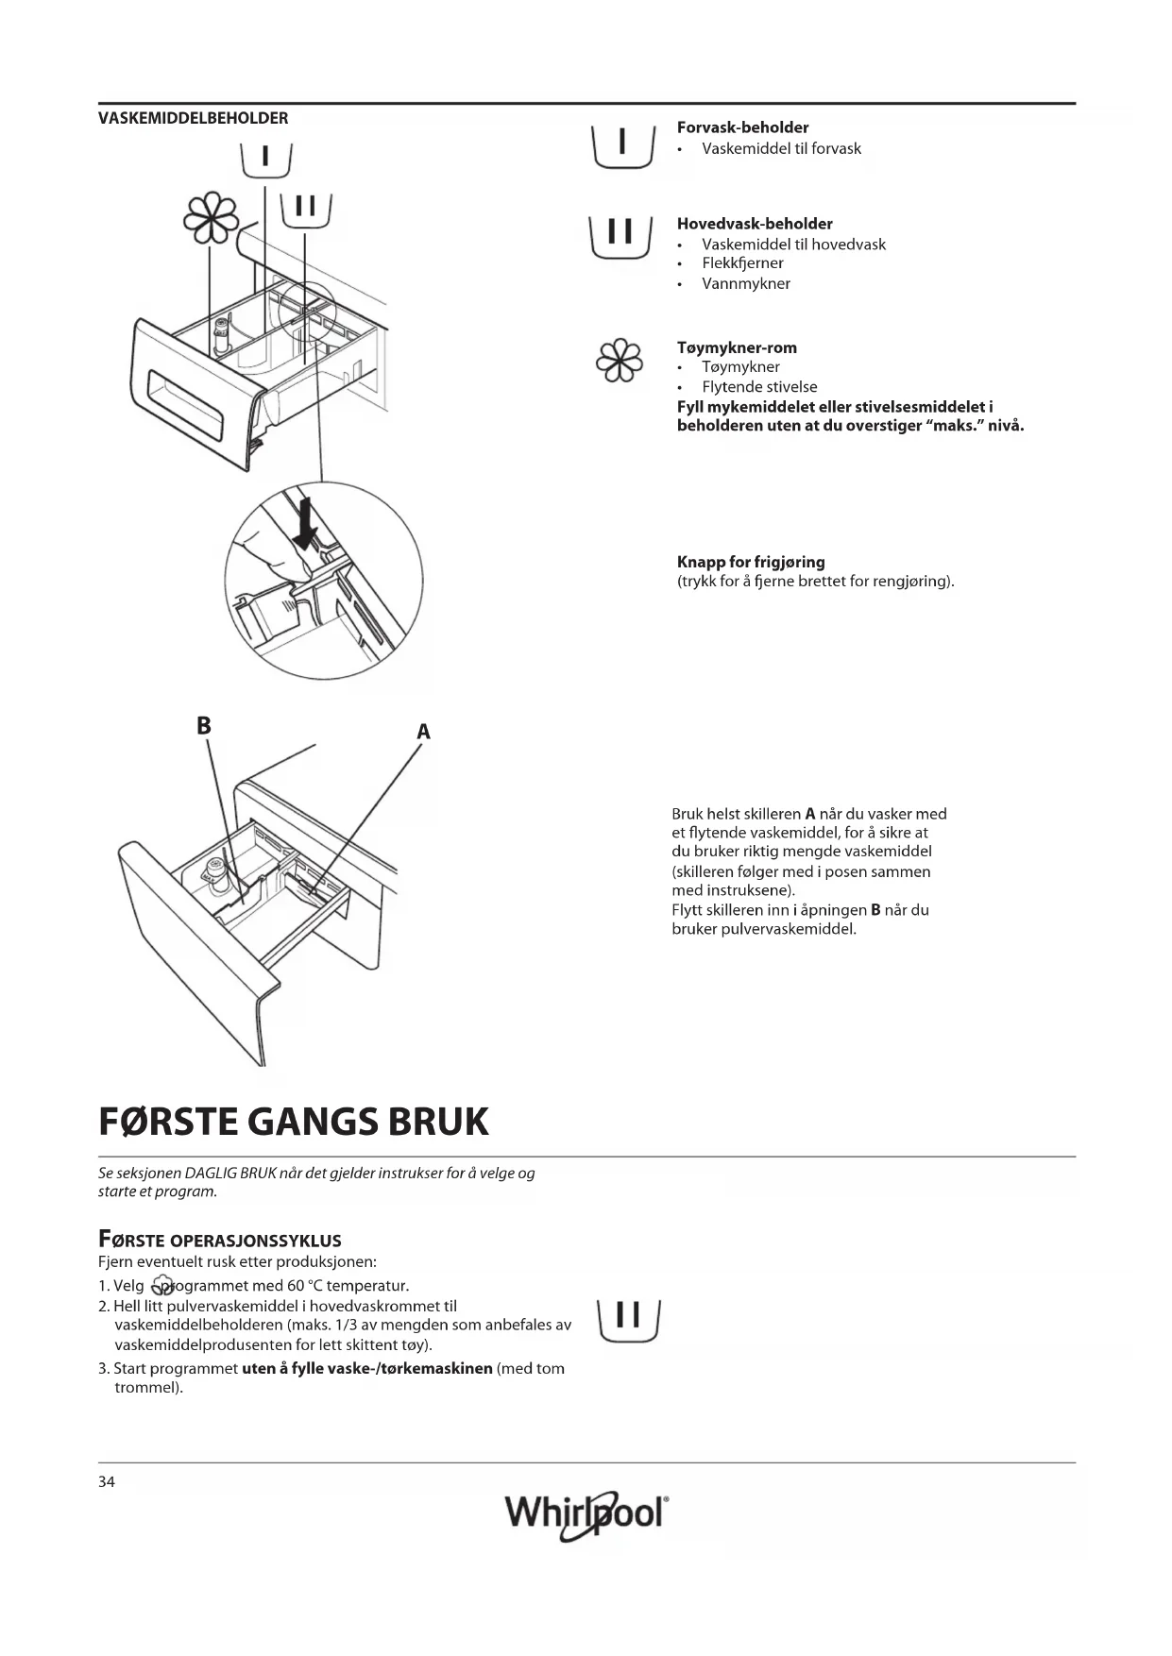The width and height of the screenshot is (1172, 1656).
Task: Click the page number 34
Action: (107, 1481)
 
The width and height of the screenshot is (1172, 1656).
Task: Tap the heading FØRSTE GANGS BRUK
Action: (294, 1122)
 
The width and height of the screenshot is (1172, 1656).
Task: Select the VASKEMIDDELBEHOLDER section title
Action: (194, 118)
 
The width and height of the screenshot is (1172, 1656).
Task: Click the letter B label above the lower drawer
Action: (204, 725)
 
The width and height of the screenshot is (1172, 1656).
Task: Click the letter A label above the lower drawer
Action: (423, 732)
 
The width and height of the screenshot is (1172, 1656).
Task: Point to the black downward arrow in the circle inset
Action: (304, 525)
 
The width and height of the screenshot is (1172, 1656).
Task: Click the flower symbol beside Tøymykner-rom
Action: (620, 361)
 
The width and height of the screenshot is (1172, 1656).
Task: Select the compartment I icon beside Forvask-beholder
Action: (622, 145)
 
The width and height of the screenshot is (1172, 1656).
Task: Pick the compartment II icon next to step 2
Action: (628, 1319)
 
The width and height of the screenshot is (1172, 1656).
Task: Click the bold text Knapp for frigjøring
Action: (751, 562)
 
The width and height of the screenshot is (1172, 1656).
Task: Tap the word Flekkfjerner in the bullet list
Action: (742, 263)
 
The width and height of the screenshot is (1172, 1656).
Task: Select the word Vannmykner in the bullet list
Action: (746, 283)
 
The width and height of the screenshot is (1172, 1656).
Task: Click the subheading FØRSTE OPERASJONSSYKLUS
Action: (219, 1241)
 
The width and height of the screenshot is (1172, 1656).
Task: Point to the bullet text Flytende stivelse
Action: (759, 387)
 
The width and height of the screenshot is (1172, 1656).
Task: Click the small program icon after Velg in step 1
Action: (162, 1287)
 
